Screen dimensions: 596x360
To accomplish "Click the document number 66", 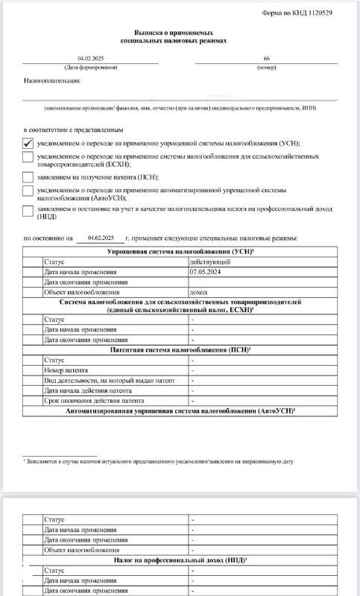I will (266, 58).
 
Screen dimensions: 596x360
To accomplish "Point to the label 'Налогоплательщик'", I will (52, 79).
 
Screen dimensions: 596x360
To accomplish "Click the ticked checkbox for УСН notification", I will (28, 142).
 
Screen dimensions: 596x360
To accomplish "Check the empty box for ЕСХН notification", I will (28, 158).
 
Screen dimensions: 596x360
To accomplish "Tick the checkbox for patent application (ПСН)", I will (28, 177).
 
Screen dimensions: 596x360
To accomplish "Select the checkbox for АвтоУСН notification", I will (28, 193).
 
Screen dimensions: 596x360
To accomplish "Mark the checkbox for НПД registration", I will (28, 211).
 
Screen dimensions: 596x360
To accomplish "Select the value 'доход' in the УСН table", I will (200, 292).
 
